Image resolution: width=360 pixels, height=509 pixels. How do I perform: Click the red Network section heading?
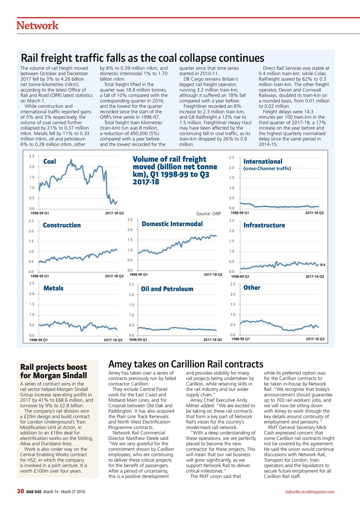(37, 26)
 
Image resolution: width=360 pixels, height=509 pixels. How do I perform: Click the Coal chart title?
(49, 161)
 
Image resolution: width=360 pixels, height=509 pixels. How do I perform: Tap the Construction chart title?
(62, 225)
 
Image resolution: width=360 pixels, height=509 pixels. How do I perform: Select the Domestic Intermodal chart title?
(172, 224)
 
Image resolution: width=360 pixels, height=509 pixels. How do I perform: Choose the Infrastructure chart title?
(264, 225)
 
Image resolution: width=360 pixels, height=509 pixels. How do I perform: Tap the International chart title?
(263, 161)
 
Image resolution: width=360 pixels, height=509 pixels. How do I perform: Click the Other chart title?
(252, 287)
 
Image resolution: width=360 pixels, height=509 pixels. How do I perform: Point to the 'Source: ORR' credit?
(208, 214)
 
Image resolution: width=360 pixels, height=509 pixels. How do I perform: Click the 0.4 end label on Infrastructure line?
(323, 264)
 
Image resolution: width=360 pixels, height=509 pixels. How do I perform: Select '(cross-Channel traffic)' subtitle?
(267, 169)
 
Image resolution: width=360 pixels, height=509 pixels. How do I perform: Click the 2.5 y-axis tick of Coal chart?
(31, 157)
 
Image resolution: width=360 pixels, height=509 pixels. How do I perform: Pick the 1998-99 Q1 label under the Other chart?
(240, 339)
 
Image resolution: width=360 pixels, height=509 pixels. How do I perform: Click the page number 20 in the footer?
(20, 492)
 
